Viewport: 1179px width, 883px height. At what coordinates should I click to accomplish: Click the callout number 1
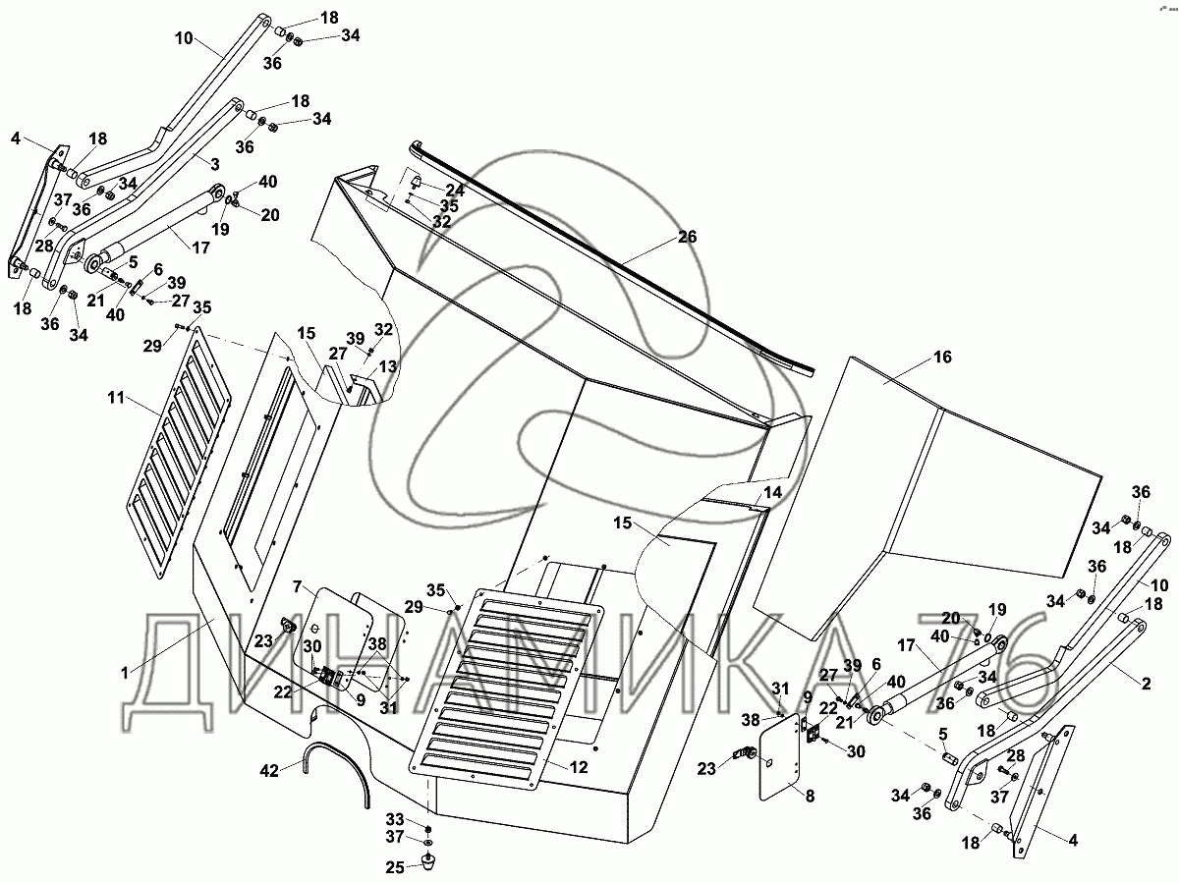125,673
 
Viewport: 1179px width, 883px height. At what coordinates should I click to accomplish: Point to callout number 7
296,585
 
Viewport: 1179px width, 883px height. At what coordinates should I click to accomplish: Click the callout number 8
810,797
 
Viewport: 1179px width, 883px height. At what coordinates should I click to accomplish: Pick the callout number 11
117,398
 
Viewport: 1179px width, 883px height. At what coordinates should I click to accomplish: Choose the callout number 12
579,767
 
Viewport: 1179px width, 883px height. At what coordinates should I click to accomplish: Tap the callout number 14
773,492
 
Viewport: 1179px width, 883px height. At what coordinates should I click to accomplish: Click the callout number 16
942,358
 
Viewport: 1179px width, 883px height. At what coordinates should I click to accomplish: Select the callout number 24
454,190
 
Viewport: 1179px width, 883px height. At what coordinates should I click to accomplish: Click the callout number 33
394,818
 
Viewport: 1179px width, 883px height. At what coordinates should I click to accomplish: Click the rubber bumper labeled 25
428,861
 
